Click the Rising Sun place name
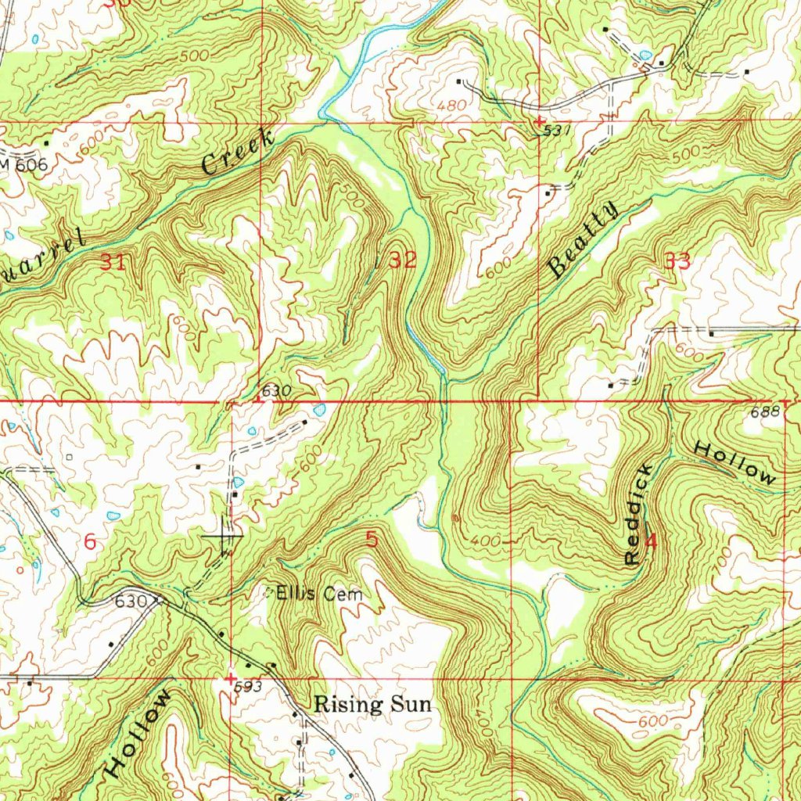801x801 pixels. coord(372,704)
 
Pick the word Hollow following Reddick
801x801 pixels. coord(735,462)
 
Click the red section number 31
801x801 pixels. coord(113,262)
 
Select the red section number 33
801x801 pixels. coord(677,262)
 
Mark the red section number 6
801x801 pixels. coord(91,541)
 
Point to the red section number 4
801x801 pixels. coord(651,541)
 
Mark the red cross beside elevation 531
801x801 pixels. coord(539,121)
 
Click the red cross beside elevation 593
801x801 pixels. coord(230,677)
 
